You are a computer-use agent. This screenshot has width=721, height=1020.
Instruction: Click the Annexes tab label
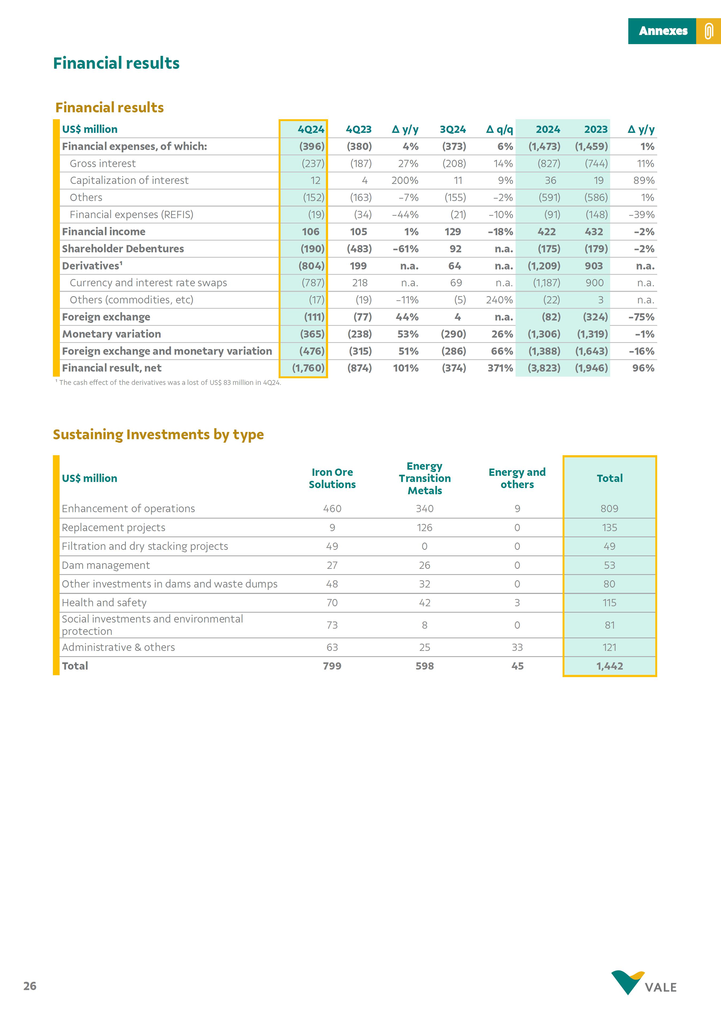click(x=663, y=31)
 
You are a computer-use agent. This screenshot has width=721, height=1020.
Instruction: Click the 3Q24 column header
click(x=453, y=129)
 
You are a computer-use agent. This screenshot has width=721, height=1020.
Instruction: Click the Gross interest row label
click(x=103, y=164)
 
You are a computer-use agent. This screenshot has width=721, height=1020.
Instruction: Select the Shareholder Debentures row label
click(x=123, y=249)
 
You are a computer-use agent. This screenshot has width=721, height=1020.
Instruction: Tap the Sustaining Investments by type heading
click(x=158, y=434)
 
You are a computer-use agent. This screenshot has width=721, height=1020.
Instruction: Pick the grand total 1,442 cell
click(x=610, y=666)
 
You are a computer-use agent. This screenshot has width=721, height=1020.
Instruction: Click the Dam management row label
click(x=106, y=565)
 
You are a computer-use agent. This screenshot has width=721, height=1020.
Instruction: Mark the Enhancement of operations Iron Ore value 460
click(x=332, y=509)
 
